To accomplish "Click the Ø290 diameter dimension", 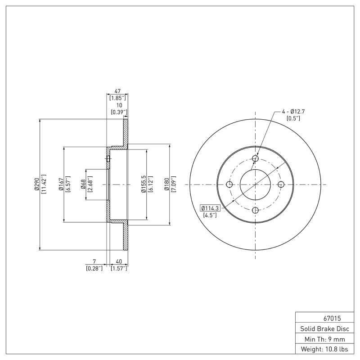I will pyautogui.click(x=37, y=184).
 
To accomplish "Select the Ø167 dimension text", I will pyautogui.click(x=60, y=184).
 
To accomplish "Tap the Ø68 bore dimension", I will pyautogui.click(x=84, y=184).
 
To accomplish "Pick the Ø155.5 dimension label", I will pyautogui.click(x=143, y=184).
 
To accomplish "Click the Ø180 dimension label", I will pyautogui.click(x=166, y=184).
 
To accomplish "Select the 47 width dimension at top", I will pyautogui.click(x=118, y=91).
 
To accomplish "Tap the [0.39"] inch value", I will pyautogui.click(x=119, y=112).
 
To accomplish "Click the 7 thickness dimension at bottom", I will pyautogui.click(x=94, y=261).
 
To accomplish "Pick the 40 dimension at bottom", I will pyautogui.click(x=119, y=261).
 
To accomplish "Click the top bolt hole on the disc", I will pyautogui.click(x=255, y=159).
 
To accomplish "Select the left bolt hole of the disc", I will pyautogui.click(x=229, y=184).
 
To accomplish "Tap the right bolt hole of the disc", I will pyautogui.click(x=281, y=184).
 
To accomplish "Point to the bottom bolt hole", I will pyautogui.click(x=255, y=210).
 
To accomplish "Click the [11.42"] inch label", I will pyautogui.click(x=44, y=184).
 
